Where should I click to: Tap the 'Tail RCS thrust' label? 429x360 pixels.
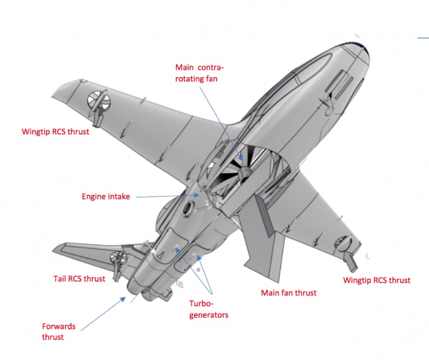pyautogui.click(x=78, y=278)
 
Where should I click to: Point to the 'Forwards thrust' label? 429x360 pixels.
pyautogui.click(x=61, y=332)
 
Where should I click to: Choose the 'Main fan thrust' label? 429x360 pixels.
pyautogui.click(x=289, y=293)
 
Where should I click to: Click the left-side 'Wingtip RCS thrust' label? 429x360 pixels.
pyautogui.click(x=55, y=131)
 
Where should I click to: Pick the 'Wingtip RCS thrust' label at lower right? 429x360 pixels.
pyautogui.click(x=376, y=280)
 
